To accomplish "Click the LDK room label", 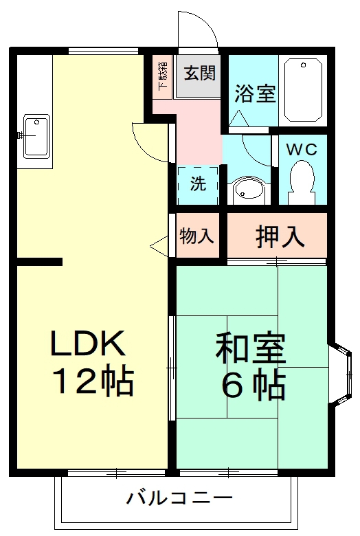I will tap(87, 343).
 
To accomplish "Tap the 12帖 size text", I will tap(93, 382).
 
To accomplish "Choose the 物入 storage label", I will tap(197, 236).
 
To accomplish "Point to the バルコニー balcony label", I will tap(181, 497).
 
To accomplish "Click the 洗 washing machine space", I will tap(197, 184).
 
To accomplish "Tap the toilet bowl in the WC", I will tap(301, 181).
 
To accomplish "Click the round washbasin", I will tap(246, 190).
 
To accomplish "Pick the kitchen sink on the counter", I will tap(34, 135).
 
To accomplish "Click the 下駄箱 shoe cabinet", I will tap(162, 76).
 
